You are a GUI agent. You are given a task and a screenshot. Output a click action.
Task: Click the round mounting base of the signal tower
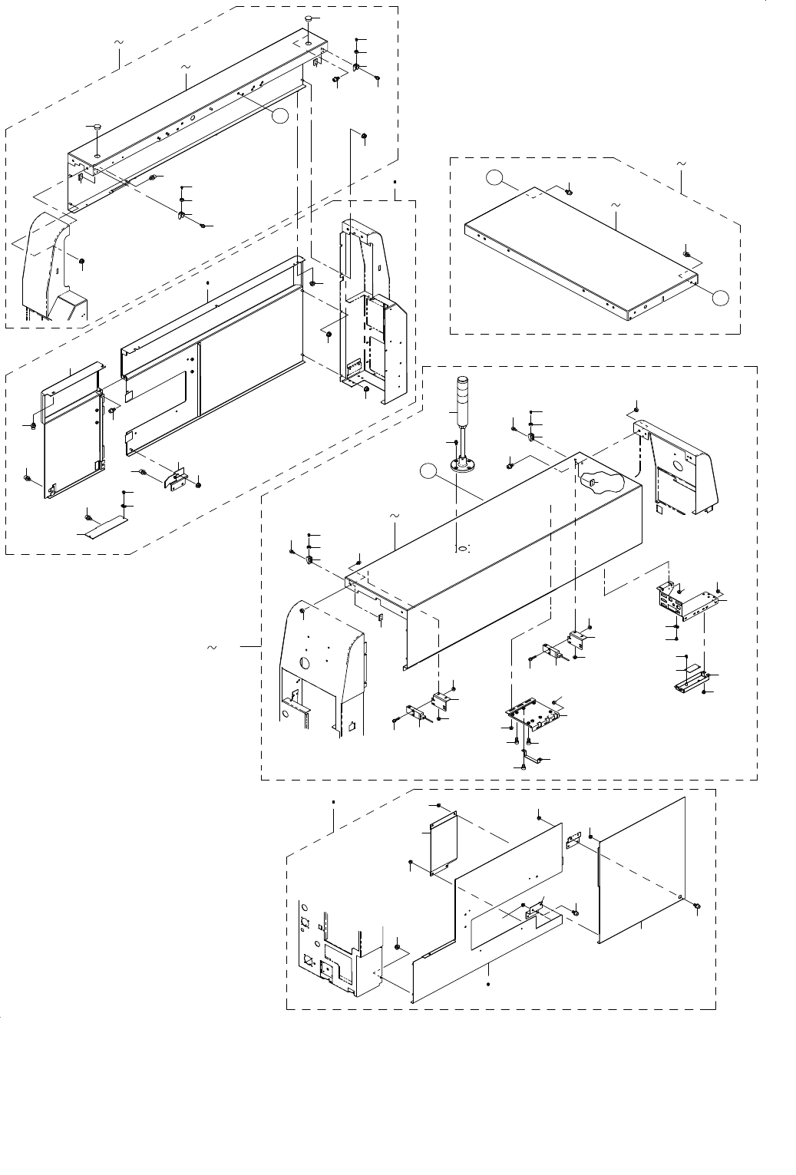(461, 465)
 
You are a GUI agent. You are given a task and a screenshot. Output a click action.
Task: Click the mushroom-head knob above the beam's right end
(308, 18)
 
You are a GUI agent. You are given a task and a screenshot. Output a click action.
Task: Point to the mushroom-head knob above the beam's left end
(97, 127)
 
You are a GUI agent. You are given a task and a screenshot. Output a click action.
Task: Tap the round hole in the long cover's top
(462, 550)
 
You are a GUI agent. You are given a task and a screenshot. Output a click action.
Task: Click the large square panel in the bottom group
(641, 867)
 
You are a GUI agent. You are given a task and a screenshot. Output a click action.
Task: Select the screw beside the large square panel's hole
(696, 906)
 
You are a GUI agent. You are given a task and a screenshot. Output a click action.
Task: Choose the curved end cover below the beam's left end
(51, 269)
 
